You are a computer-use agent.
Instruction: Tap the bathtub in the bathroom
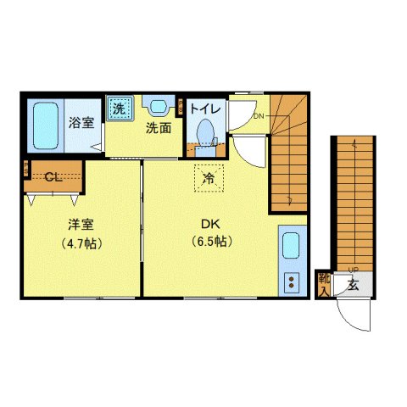[42, 126]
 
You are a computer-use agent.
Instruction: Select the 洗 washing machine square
[120, 108]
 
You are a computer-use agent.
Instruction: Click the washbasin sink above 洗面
[158, 107]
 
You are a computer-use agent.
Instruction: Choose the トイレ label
[205, 109]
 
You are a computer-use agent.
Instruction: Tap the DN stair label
[259, 116]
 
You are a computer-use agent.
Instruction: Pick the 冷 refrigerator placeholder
[208, 177]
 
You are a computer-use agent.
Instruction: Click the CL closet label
[53, 177]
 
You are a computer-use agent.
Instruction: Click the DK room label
[210, 225]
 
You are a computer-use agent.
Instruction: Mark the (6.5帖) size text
[210, 241]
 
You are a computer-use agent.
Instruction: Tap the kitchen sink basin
[291, 248]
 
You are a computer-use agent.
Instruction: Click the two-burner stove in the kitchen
[291, 282]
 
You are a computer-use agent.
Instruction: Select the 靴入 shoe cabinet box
[324, 284]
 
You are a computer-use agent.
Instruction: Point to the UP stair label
[352, 270]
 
